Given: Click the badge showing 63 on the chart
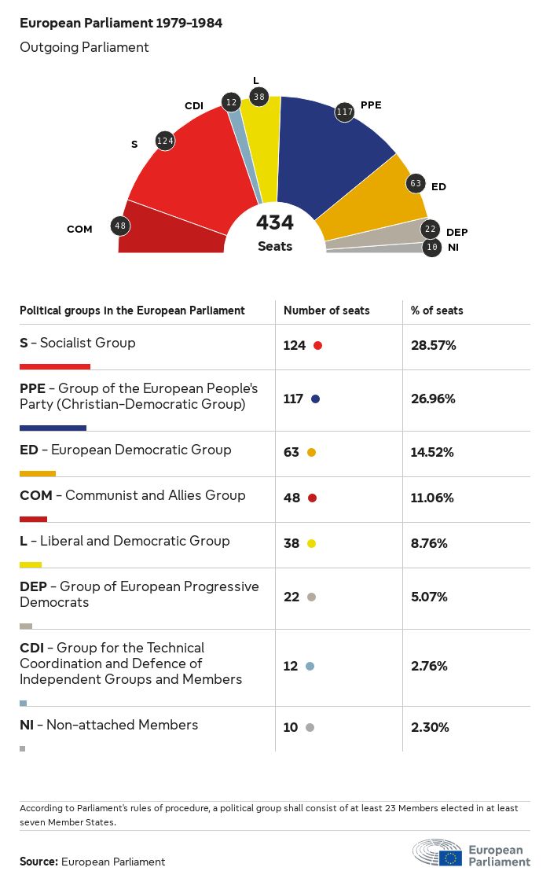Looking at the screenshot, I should [416, 184].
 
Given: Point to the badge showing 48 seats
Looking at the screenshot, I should [120, 226].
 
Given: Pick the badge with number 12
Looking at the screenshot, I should [231, 102].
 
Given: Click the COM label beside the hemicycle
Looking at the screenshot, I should [79, 230].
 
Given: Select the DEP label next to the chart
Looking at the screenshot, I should [456, 232].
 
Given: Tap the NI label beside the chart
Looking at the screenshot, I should [453, 248].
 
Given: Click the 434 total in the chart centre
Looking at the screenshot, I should [275, 223].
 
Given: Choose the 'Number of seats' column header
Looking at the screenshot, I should [327, 311].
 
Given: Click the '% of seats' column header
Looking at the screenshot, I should [437, 311].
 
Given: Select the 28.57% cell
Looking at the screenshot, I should [434, 345].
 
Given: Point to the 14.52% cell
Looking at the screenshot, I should [433, 452].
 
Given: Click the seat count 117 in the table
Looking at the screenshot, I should [293, 399].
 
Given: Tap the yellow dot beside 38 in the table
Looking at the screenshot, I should [311, 543].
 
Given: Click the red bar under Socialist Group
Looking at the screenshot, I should [55, 366].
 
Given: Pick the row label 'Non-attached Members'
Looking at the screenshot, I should [122, 725].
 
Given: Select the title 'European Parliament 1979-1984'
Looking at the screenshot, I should [121, 24].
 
